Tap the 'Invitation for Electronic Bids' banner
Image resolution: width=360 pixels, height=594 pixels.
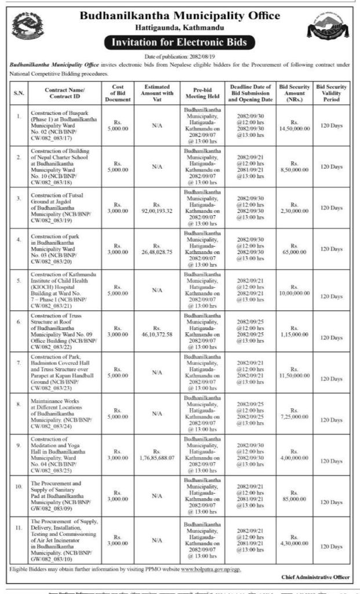click(x=179, y=42)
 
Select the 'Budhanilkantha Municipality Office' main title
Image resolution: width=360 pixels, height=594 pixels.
click(x=180, y=15)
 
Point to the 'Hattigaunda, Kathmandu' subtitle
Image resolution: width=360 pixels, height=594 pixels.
click(x=180, y=27)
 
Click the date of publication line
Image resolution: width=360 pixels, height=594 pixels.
click(x=180, y=56)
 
